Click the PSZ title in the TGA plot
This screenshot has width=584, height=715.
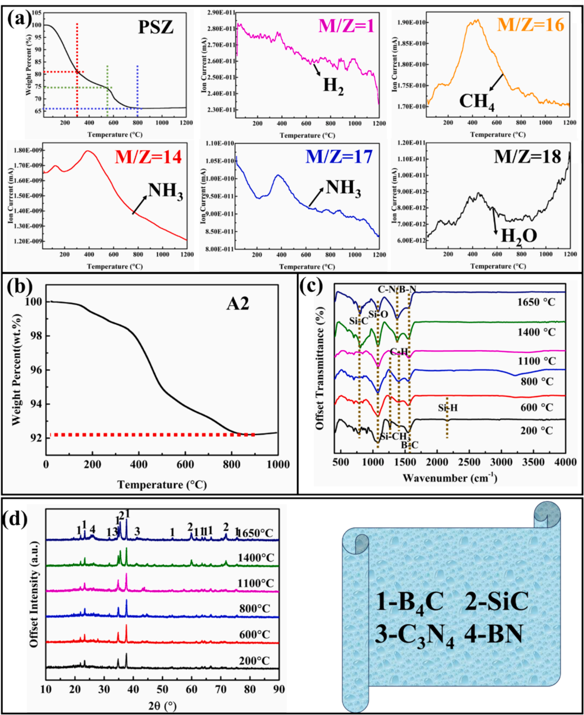[x=156, y=27]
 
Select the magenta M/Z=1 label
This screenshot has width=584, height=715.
[x=346, y=25]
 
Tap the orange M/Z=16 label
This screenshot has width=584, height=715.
[x=530, y=24]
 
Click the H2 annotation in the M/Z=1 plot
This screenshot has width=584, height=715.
[x=334, y=86]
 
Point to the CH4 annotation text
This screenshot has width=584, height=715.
[x=477, y=102]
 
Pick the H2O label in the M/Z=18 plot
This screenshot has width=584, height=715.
[x=519, y=236]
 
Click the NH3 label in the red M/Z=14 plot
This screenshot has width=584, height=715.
[x=165, y=191]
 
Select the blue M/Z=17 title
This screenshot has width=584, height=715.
[x=339, y=157]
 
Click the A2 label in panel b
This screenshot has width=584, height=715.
[x=237, y=304]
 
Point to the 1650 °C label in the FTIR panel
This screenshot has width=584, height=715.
[x=536, y=302]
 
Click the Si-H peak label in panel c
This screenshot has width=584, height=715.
[x=448, y=408]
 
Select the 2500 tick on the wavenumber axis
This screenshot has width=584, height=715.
[x=469, y=462]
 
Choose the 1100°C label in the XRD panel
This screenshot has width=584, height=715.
[x=255, y=583]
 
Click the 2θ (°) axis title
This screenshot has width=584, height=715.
[x=162, y=705]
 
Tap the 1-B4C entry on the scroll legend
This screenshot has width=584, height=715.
[x=409, y=602]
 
